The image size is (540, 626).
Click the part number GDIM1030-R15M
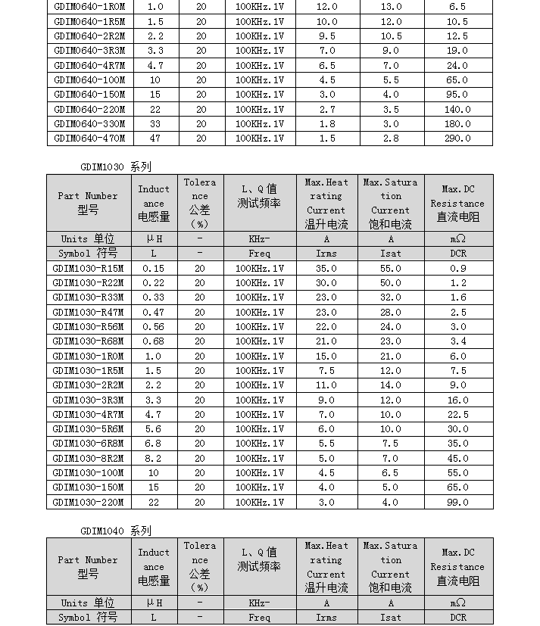[x=89, y=268]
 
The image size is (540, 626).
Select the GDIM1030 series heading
[x=115, y=167]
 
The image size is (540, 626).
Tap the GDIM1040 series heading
[x=115, y=531]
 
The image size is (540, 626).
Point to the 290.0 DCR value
[x=457, y=139]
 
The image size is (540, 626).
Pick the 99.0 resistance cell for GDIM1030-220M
[x=457, y=502]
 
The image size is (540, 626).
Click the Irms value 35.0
[x=326, y=268]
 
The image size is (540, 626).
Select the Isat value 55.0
[x=391, y=268]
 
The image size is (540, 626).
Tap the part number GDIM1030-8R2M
[x=89, y=458]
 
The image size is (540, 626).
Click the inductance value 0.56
[x=154, y=326]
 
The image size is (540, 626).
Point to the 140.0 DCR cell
[x=457, y=109]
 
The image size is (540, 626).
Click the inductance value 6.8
[x=154, y=444]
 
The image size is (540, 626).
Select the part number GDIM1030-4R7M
[x=89, y=414]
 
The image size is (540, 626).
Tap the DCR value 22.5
[x=457, y=414]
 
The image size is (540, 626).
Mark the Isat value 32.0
[x=391, y=297]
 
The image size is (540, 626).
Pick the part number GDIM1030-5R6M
[x=89, y=428]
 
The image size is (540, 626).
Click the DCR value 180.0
[x=457, y=124]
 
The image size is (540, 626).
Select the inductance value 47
[x=155, y=139]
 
